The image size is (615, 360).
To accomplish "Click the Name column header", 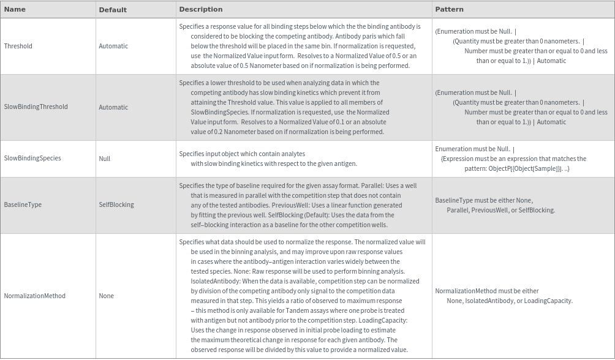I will point(15,9).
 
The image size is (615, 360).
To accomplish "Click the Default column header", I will point(113,9).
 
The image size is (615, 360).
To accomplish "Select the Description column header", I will point(201,9).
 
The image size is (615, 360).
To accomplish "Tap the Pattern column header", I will point(449,9).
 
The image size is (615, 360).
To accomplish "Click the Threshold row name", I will point(18,46).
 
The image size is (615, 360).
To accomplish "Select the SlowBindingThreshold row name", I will point(36,107).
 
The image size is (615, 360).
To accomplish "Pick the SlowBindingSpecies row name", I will point(32,158).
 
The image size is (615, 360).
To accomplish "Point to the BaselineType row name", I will point(23,204).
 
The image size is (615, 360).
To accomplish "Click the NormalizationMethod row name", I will point(35,296).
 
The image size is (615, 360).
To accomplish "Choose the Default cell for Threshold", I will point(113,46).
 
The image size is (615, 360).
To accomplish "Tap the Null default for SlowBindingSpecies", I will point(105,158).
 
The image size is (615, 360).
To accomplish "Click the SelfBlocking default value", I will point(116,204).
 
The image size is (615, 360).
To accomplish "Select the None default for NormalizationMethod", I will point(107,296).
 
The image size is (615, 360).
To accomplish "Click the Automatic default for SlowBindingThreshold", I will point(113,107).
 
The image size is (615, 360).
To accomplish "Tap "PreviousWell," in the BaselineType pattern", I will point(490,210).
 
